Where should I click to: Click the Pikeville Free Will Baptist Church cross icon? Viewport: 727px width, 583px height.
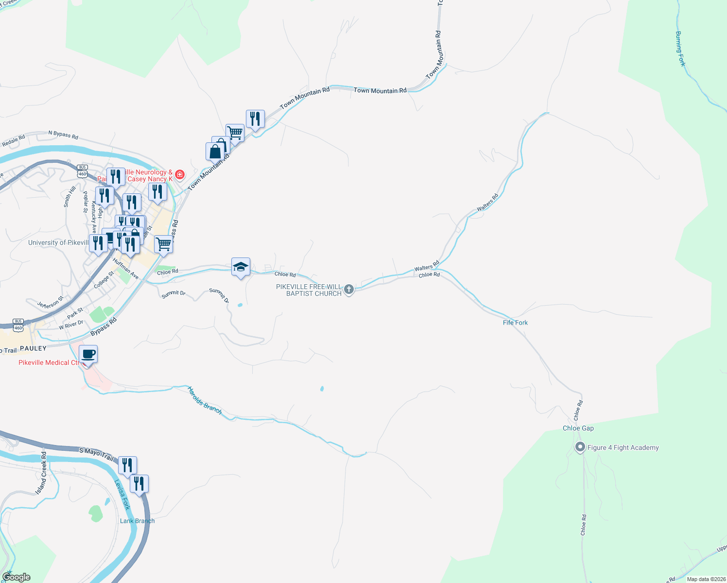click(348, 290)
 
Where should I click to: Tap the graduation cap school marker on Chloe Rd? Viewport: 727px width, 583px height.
click(241, 267)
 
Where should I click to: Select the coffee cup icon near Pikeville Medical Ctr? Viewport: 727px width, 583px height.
click(88, 354)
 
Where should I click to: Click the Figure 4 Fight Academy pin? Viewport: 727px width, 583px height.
click(579, 447)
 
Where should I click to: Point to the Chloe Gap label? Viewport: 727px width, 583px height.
click(578, 428)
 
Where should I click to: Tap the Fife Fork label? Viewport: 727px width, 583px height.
click(515, 323)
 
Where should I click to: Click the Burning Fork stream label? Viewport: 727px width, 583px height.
click(680, 49)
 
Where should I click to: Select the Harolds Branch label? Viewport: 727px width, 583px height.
click(205, 400)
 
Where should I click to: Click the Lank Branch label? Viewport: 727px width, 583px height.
click(137, 521)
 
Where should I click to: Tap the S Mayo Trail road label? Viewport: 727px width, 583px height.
click(96, 454)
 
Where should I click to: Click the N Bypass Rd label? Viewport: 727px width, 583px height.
click(63, 134)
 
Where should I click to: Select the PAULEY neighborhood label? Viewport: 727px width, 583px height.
click(33, 348)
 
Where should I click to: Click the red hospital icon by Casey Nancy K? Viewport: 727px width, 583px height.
click(180, 174)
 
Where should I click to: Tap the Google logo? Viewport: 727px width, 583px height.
click(17, 577)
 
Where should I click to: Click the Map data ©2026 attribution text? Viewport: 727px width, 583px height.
click(706, 579)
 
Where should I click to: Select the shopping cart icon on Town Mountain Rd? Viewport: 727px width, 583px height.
click(235, 132)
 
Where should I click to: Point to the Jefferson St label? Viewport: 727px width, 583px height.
click(50, 303)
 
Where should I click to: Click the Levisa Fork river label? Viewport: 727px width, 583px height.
click(122, 495)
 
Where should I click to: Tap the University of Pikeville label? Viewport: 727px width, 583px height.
click(58, 242)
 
